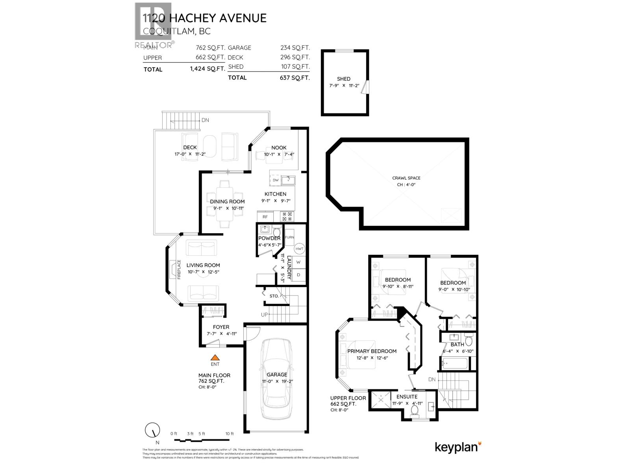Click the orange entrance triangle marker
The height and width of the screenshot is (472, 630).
click(x=215, y=358)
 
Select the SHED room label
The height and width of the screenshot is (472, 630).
click(x=343, y=79)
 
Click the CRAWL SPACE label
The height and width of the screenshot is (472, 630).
click(x=406, y=178)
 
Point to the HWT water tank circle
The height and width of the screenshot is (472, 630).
click(x=300, y=249)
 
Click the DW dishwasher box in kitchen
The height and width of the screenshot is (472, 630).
click(x=276, y=180)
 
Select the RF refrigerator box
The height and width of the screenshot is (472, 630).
click(x=265, y=217)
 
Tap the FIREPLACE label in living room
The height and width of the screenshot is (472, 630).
click(x=178, y=269)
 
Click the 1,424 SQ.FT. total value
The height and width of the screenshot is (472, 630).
click(x=207, y=69)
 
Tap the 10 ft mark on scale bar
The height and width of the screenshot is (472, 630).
click(x=230, y=434)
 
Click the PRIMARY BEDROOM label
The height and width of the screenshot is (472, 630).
click(x=372, y=351)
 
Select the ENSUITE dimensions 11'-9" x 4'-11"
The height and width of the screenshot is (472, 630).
click(x=407, y=403)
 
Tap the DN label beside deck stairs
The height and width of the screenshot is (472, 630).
click(x=205, y=120)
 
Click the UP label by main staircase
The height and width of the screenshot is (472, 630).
click(x=265, y=315)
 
